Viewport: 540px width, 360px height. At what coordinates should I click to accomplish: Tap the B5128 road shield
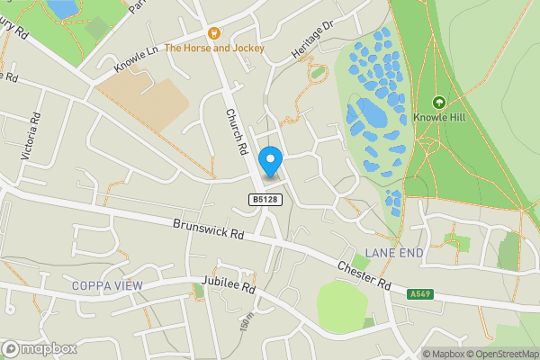pos(262,198)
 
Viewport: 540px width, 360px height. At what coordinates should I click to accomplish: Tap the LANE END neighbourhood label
pos(393,254)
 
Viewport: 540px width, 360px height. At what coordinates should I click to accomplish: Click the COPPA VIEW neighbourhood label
pos(107,285)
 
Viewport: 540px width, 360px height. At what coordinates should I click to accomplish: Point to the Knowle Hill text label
pos(439,117)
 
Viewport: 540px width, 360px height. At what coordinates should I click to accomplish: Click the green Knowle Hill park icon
pos(439,103)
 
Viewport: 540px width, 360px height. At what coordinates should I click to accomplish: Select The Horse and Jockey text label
pos(214,48)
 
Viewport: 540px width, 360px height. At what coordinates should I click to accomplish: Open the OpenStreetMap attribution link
pos(500,354)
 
